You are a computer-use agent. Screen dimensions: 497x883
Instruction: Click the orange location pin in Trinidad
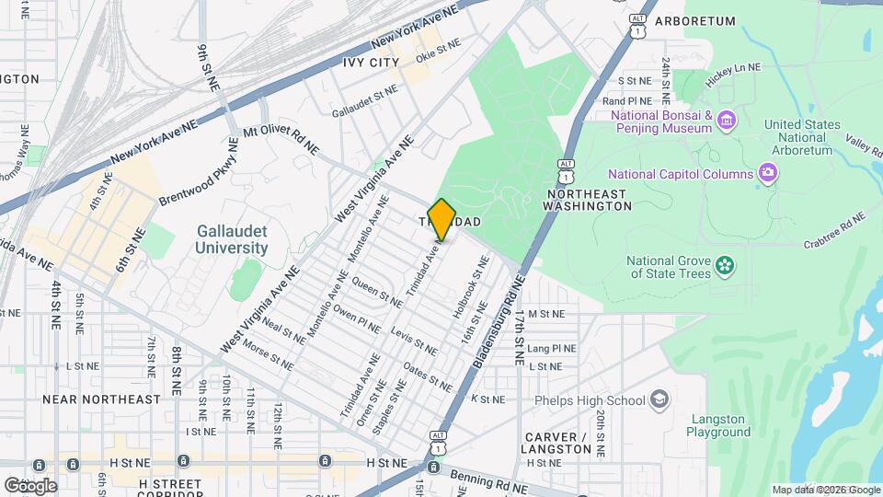441,219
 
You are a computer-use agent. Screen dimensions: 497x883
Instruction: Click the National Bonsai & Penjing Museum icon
727,121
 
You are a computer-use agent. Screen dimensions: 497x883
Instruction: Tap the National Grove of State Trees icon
727,266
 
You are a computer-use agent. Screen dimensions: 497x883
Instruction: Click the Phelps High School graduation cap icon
659,399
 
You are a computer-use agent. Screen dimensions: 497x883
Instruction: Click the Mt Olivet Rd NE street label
281,141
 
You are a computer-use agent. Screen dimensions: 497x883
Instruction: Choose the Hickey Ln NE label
733,68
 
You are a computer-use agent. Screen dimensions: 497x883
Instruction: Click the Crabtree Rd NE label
834,231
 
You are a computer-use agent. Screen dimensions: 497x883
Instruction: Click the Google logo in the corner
30,485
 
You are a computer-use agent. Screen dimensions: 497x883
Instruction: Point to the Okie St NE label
438,45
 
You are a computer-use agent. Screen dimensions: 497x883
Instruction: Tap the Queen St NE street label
377,294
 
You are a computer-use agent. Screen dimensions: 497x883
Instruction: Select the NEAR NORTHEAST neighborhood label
101,399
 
